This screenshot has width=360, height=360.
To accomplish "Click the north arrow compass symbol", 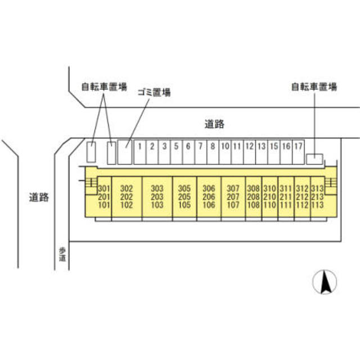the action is [325, 282].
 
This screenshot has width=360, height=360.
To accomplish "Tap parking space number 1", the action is [140, 152].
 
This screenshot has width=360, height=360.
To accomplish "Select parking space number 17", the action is [299, 152].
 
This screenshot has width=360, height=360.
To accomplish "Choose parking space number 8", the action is [213, 152].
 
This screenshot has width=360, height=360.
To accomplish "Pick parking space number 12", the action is [250, 152].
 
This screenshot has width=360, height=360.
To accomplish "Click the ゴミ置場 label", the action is [154, 92].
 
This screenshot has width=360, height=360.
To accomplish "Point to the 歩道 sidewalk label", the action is [62, 254].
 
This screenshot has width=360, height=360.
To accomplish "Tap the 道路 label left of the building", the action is [39, 197].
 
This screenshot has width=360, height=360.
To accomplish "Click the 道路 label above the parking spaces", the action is [214, 124].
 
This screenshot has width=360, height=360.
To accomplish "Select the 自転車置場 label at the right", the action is [314, 87].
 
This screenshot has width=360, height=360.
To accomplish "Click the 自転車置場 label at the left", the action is [104, 87].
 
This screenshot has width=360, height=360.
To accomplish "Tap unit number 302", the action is [127, 188].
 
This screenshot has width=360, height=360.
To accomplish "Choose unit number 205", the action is [184, 197].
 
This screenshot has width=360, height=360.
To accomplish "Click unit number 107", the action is [233, 205].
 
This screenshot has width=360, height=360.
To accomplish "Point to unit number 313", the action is [317, 188].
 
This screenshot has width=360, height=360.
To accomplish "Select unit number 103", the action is [157, 205].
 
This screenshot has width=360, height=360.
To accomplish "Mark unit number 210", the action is [269, 197].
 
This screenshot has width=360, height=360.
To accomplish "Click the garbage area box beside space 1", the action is [125, 152].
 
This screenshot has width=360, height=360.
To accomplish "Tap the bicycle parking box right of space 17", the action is [314, 159].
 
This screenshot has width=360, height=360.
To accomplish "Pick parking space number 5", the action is [176, 152].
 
